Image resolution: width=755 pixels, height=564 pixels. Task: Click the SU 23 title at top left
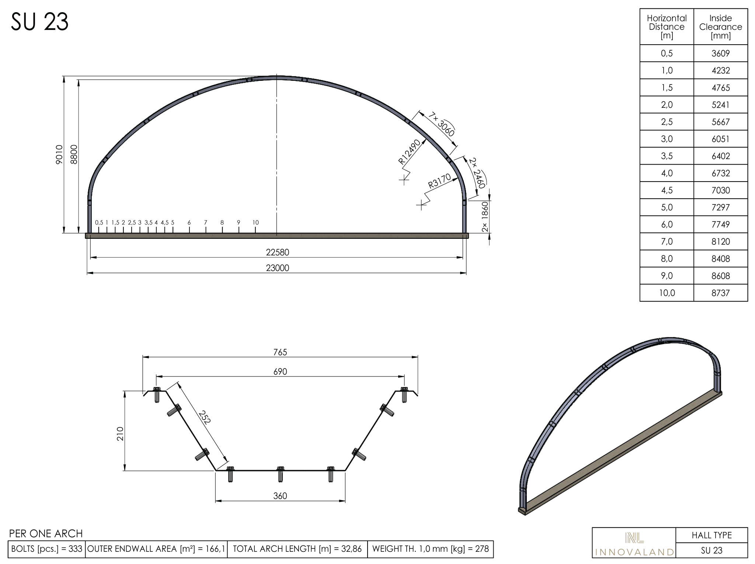(x=39, y=22)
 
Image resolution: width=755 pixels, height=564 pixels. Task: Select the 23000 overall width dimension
(x=278, y=268)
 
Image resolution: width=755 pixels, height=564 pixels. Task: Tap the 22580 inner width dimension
(x=278, y=252)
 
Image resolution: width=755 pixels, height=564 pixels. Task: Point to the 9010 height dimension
(x=59, y=154)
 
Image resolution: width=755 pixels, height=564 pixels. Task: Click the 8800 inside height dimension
(x=74, y=154)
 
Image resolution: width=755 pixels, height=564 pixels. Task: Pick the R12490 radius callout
(x=409, y=152)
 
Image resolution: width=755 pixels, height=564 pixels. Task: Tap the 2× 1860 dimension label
(x=485, y=217)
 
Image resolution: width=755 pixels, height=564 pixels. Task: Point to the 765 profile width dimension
(x=280, y=352)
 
